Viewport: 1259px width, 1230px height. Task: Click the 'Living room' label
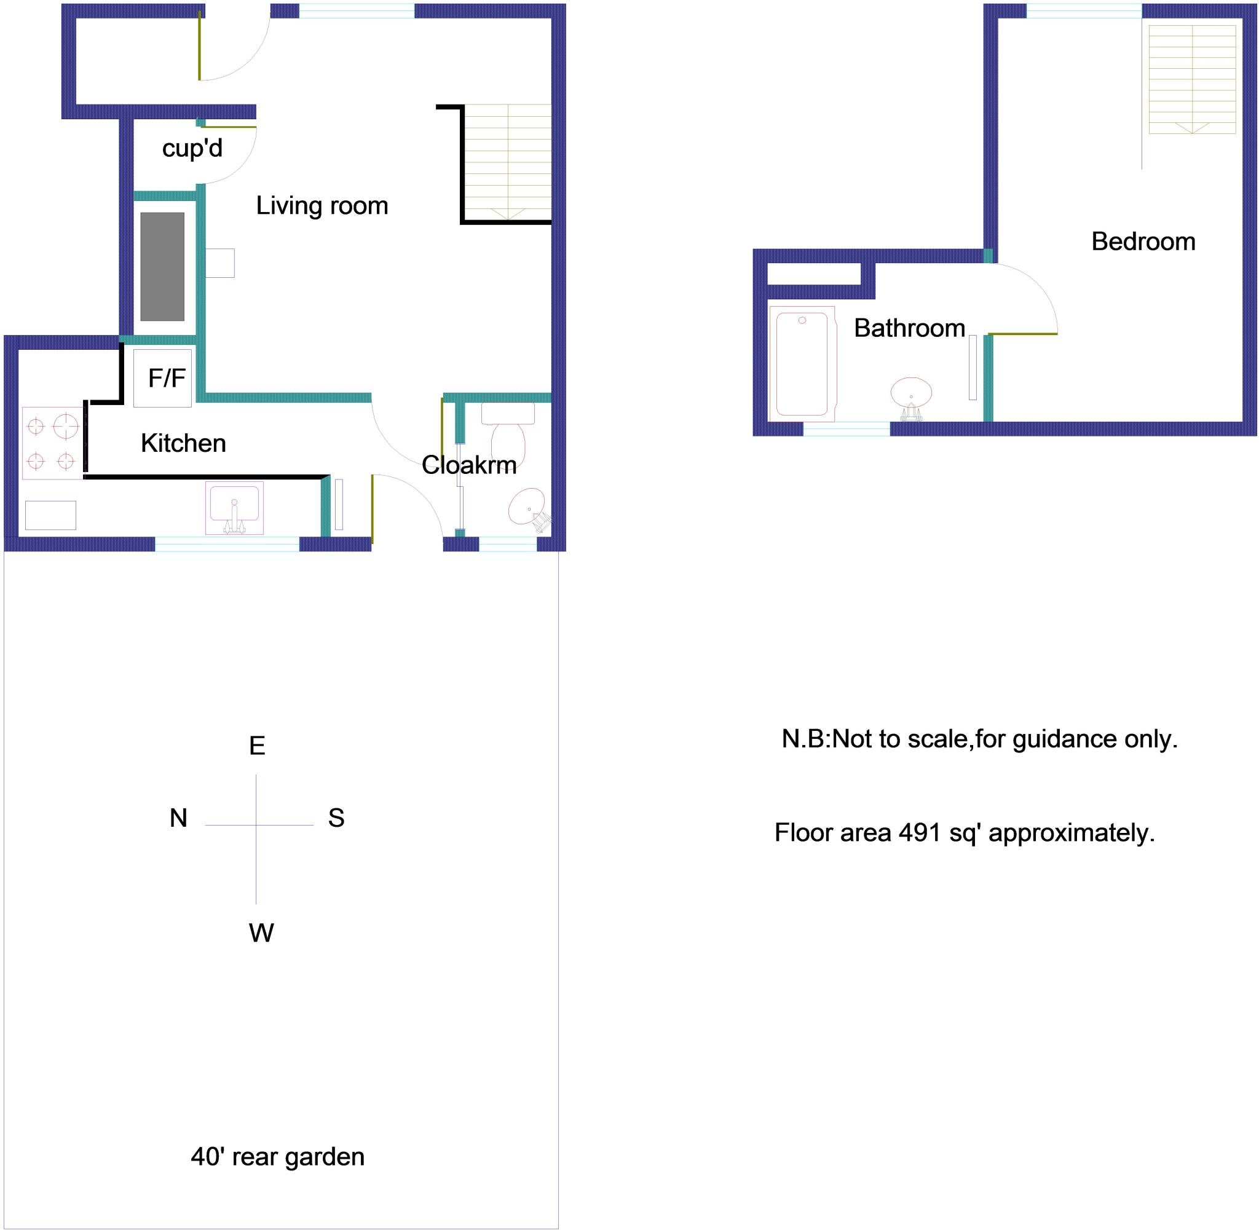click(x=322, y=206)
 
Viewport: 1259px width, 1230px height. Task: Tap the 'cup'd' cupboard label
click(x=192, y=149)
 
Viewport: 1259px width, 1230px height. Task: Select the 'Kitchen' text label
click(x=183, y=443)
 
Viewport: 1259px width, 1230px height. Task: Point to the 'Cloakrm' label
click(x=468, y=465)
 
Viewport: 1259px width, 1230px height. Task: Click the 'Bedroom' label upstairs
click(x=1143, y=242)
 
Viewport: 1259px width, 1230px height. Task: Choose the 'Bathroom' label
click(x=909, y=328)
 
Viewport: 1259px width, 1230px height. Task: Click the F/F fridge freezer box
click(x=163, y=378)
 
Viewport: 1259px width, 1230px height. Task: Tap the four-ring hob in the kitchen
click(x=52, y=443)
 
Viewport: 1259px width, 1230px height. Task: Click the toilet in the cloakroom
click(x=508, y=433)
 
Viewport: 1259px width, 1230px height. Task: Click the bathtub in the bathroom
click(x=802, y=364)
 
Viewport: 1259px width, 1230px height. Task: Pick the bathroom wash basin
click(x=911, y=393)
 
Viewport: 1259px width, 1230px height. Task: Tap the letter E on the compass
click(x=257, y=746)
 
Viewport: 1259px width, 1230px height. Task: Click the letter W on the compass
click(x=261, y=933)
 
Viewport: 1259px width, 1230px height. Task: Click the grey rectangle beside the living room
click(x=162, y=267)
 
